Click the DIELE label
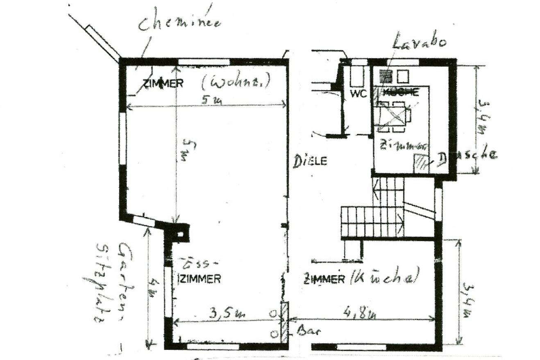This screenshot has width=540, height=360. tap(310, 161)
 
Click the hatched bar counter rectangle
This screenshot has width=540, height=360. tap(284, 322)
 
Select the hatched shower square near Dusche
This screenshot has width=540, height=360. tap(420, 163)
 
